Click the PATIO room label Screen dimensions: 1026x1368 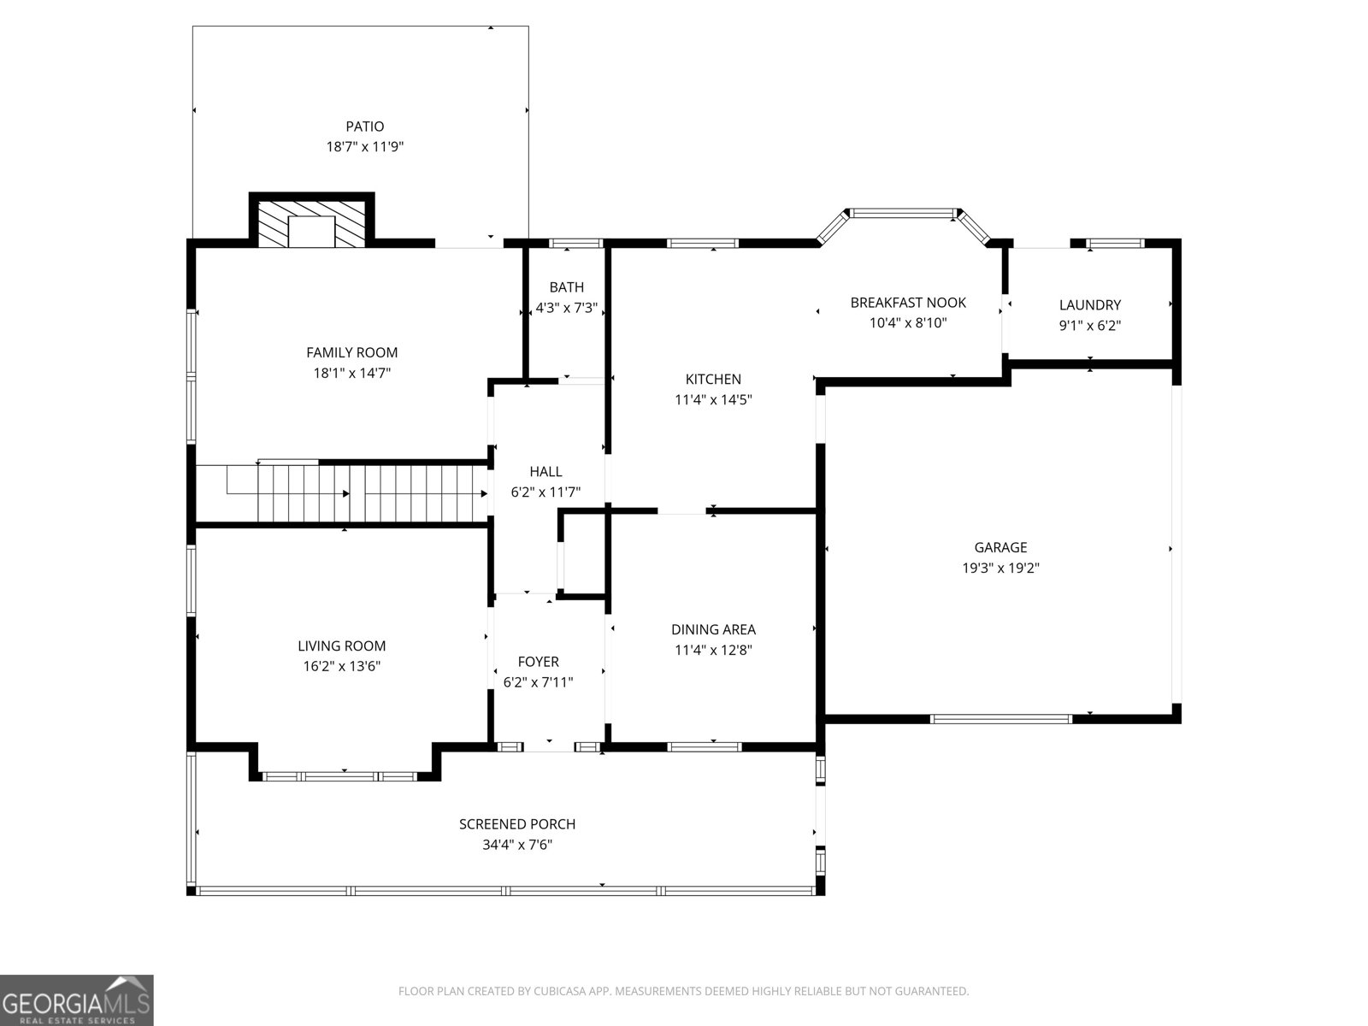pyautogui.click(x=365, y=127)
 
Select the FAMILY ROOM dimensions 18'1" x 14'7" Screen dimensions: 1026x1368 pyautogui.click(x=351, y=373)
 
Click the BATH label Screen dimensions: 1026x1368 pyautogui.click(x=566, y=287)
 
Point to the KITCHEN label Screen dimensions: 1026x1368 pyautogui.click(x=713, y=379)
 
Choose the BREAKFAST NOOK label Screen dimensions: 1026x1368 pyautogui.click(x=907, y=303)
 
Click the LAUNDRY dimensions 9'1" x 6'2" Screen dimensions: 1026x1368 pyautogui.click(x=1089, y=326)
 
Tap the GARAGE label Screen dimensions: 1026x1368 pyautogui.click(x=1000, y=547)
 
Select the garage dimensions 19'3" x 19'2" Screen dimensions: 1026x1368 pyautogui.click(x=1000, y=568)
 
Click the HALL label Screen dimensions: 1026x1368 pyautogui.click(x=545, y=471)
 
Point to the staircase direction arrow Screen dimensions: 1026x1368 pyautogui.click(x=346, y=493)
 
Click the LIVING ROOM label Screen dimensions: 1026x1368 pyautogui.click(x=341, y=646)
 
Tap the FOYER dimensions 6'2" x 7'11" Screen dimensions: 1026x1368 pyautogui.click(x=538, y=682)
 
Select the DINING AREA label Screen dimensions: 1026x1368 pyautogui.click(x=713, y=629)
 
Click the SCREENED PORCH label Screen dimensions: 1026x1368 pyautogui.click(x=516, y=824)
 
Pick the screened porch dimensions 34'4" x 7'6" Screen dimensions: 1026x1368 pyautogui.click(x=516, y=845)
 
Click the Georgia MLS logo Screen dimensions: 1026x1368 pyautogui.click(x=77, y=999)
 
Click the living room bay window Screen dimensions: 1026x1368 pyautogui.click(x=339, y=776)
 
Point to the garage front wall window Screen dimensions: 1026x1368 pyautogui.click(x=1000, y=718)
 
